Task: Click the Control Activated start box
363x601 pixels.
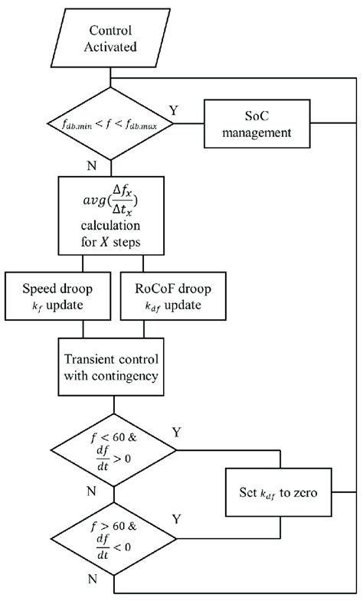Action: coord(111,38)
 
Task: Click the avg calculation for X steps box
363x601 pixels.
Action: coord(112,214)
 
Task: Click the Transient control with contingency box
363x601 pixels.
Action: coord(112,367)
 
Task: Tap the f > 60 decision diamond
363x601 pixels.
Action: coord(112,544)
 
